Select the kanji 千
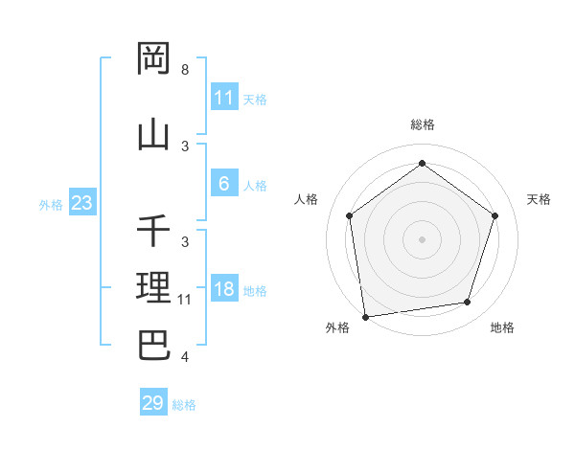pyautogui.click(x=154, y=231)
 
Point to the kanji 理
pyautogui.click(x=154, y=287)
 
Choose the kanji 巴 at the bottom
pyautogui.click(x=154, y=345)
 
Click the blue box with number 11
pyautogui.click(x=224, y=98)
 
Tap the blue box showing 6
pyautogui.click(x=224, y=185)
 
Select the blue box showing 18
pyautogui.click(x=224, y=289)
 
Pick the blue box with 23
pyautogui.click(x=81, y=203)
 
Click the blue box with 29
pyautogui.click(x=153, y=403)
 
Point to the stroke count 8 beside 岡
pyautogui.click(x=184, y=70)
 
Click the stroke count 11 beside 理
pyautogui.click(x=185, y=299)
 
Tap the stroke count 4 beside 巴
pyautogui.click(x=184, y=357)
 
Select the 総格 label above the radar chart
pyautogui.click(x=422, y=124)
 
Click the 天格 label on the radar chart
pyautogui.click(x=539, y=199)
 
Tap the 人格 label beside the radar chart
pyautogui.click(x=307, y=199)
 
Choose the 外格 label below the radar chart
pyautogui.click(x=337, y=328)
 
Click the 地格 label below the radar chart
pyautogui.click(x=502, y=328)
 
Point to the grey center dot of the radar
pyautogui.click(x=422, y=238)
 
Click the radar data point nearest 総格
pyautogui.click(x=422, y=164)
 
